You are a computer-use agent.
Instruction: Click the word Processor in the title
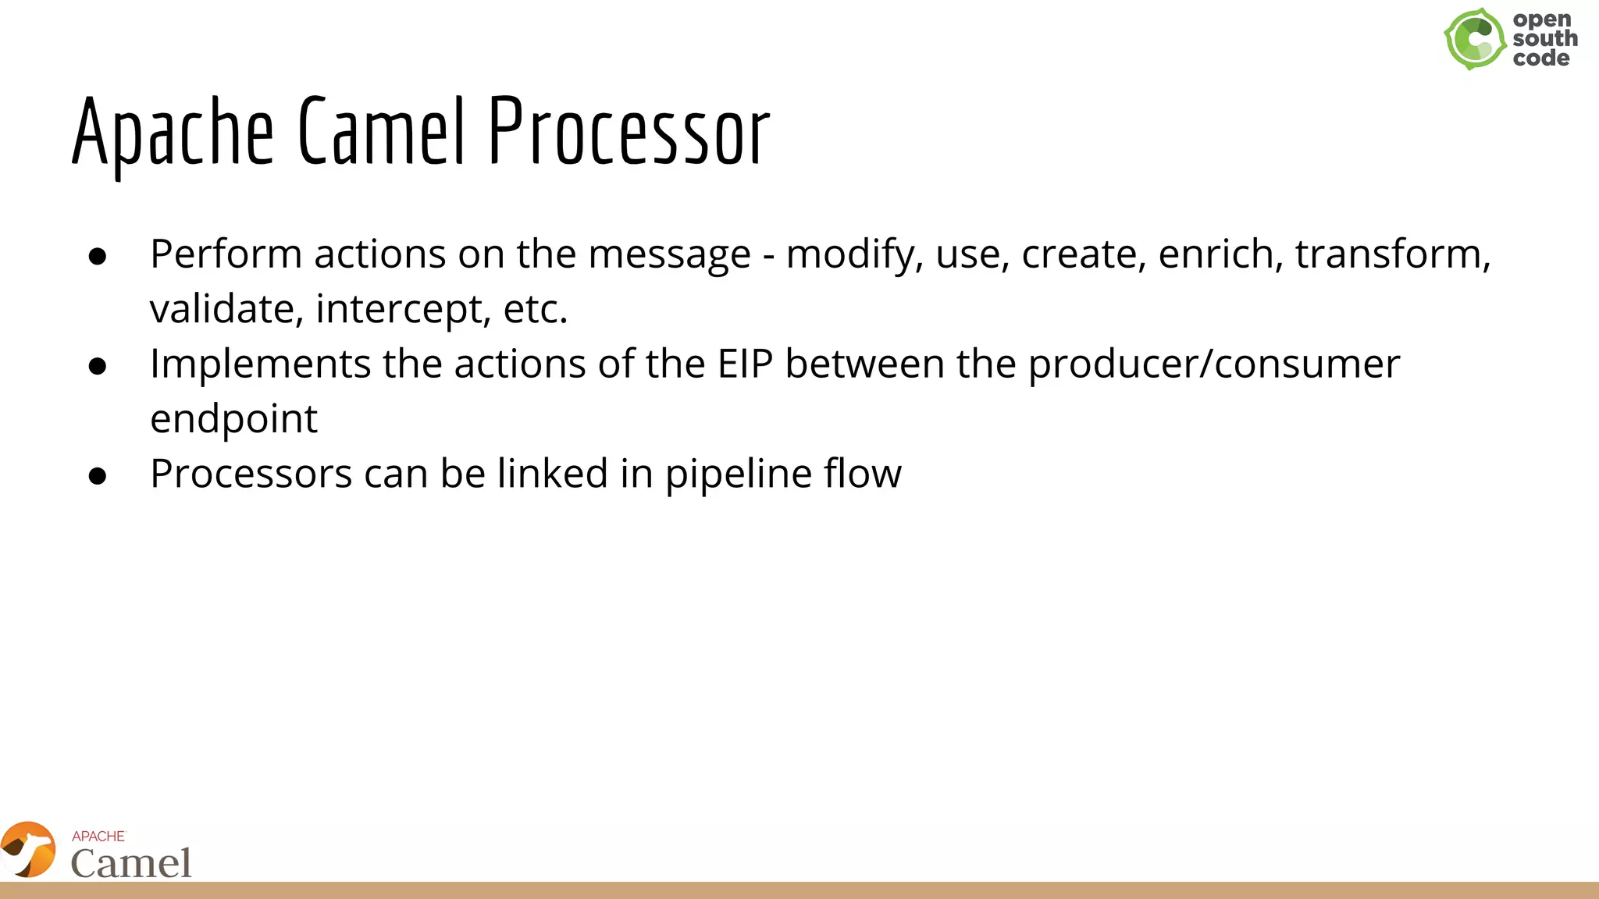[x=629, y=133]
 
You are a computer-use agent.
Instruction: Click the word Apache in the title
[x=173, y=133]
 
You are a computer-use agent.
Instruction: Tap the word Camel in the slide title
[x=382, y=133]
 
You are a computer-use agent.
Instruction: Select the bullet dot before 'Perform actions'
[x=98, y=257]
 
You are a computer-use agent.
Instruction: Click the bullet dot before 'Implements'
[x=98, y=366]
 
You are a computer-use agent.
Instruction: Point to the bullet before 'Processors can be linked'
[x=98, y=476]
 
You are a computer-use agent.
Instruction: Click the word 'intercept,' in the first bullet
[x=403, y=310]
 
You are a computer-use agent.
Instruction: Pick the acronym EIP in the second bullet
[x=745, y=364]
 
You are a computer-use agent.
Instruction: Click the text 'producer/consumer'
[x=1213, y=364]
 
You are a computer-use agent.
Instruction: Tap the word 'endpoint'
[x=233, y=420]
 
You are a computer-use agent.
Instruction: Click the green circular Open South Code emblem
[x=1474, y=39]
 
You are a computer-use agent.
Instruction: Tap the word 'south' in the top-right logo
[x=1544, y=38]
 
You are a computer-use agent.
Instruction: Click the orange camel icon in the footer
[x=29, y=850]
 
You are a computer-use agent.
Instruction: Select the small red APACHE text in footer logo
[x=98, y=836]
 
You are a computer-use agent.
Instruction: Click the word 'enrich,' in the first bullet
[x=1220, y=255]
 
